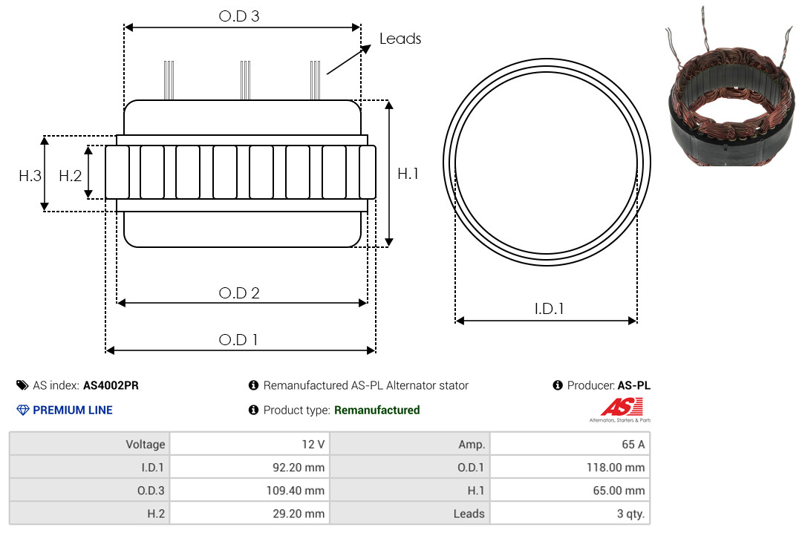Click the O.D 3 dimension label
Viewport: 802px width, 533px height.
239,16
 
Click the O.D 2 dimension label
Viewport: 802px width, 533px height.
239,293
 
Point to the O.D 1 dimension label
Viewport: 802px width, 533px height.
238,340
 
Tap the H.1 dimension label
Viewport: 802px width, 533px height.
408,174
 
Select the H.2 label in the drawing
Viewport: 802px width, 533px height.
70,176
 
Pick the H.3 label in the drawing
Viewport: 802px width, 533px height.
30,176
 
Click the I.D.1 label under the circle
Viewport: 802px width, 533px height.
549,309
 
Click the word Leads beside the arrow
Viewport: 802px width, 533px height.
400,39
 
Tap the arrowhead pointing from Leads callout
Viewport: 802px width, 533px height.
365,48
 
